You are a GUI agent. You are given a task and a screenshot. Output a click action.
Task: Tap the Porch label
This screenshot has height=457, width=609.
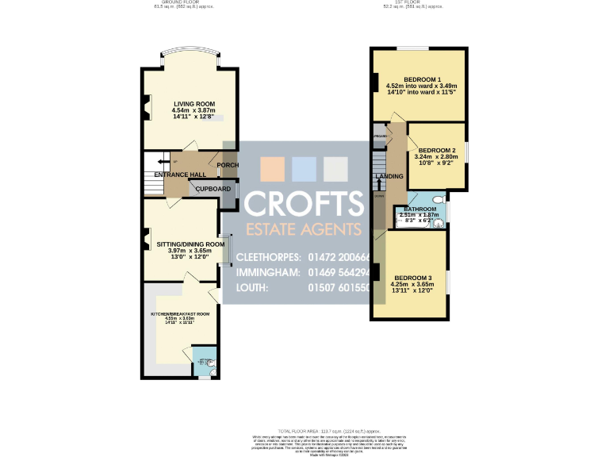[x=228, y=166]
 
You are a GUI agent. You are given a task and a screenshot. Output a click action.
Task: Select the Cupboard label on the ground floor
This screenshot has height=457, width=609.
[x=213, y=189]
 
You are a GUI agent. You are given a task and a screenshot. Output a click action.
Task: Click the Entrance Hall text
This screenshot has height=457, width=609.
[x=180, y=174]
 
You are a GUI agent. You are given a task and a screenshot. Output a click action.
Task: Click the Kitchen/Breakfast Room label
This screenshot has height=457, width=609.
[x=182, y=314]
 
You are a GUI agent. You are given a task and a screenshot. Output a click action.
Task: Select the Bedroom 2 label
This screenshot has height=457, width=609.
[x=436, y=150]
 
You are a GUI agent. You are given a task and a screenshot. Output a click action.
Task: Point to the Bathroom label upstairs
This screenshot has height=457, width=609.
[x=419, y=209]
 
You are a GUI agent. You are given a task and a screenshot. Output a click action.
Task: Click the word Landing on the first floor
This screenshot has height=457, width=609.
[x=389, y=176]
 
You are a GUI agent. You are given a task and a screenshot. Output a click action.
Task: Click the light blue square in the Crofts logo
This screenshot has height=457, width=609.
[x=304, y=169]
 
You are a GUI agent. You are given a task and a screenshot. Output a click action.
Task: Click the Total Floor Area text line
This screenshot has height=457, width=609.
[x=304, y=428]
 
